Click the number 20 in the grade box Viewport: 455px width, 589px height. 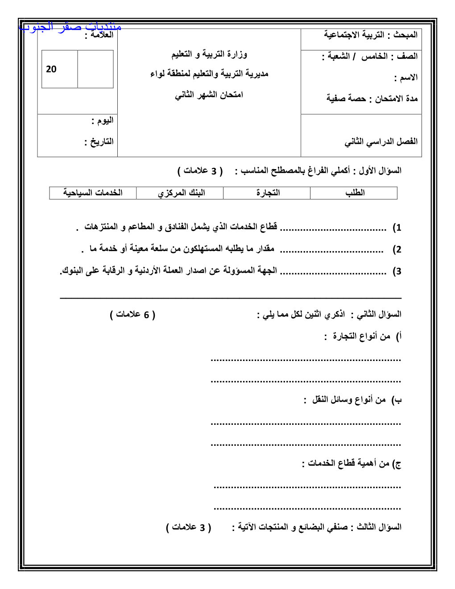(51, 69)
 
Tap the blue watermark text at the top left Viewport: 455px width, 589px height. (70, 26)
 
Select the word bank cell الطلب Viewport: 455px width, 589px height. (355, 193)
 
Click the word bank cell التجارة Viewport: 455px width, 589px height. (268, 193)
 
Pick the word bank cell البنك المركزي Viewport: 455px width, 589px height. (181, 193)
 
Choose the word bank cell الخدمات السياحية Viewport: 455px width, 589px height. (93, 193)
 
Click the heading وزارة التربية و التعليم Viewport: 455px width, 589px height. (209, 54)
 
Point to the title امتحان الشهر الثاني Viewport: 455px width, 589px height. (209, 95)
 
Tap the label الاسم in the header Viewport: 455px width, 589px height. (407, 78)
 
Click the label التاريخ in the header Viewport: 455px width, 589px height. (100, 142)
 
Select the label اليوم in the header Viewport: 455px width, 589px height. (103, 121)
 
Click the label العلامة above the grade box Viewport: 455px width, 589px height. (100, 35)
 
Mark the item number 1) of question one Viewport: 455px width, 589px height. (397, 228)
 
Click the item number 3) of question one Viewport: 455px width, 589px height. (397, 271)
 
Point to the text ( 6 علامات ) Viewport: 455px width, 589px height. (132, 315)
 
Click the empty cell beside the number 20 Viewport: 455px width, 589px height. (95, 69)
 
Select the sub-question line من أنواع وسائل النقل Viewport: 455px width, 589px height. (352, 400)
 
